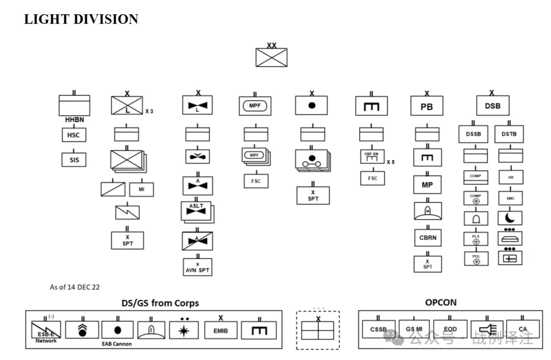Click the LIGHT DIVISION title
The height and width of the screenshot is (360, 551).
point(81,19)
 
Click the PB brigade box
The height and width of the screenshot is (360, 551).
point(427,107)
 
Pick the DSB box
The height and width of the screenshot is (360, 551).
point(492,106)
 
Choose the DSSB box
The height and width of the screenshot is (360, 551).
point(473,134)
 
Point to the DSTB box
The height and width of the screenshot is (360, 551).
point(509,134)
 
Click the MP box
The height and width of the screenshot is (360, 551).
point(427,185)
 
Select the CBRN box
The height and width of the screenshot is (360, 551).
point(427,238)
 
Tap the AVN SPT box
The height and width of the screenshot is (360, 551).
point(197,267)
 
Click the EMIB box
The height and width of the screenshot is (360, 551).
point(220,330)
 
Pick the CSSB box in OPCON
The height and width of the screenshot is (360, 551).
point(378,329)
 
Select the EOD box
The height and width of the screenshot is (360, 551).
point(450,329)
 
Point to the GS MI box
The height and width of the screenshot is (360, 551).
point(414,329)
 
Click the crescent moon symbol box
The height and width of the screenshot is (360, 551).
point(510,218)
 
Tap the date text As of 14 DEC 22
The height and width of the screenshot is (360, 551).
point(74,287)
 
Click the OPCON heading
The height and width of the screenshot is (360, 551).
point(441,302)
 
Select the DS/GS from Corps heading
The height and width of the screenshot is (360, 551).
point(160,303)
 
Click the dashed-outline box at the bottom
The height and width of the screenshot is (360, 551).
point(317,330)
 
